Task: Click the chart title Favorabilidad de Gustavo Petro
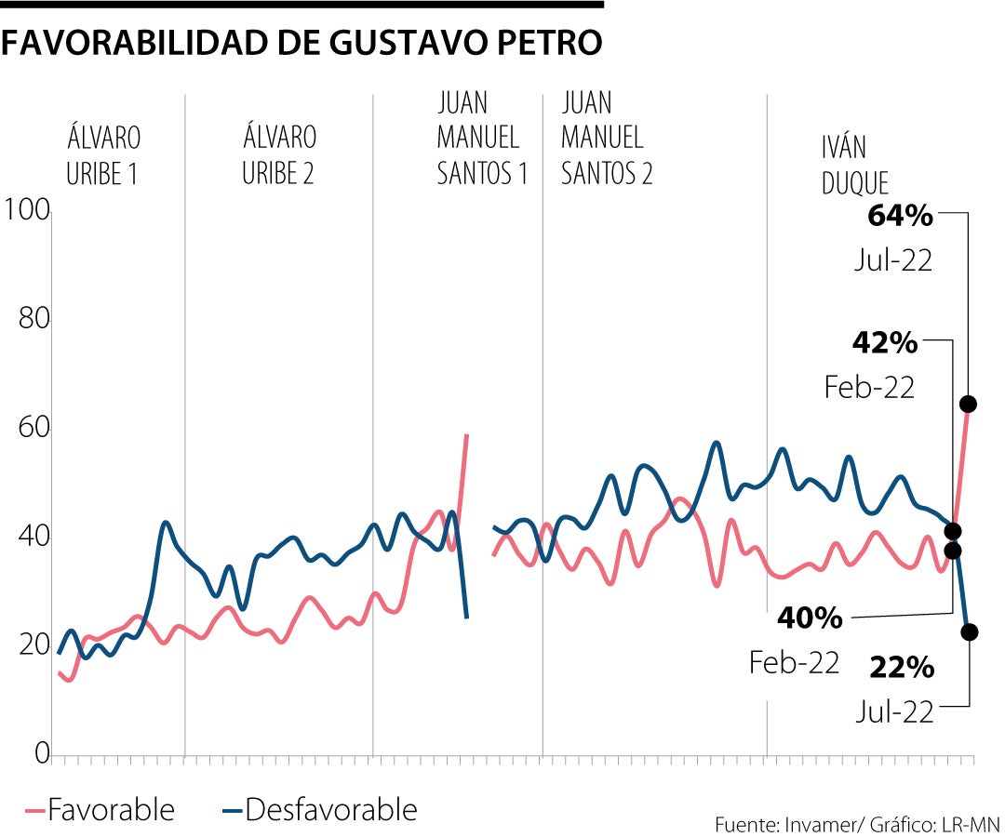[x=301, y=43]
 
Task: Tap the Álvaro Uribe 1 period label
[x=103, y=155]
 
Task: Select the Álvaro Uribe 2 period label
[x=278, y=155]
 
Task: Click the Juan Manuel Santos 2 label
[x=606, y=138]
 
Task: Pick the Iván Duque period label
[x=855, y=165]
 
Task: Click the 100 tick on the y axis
[x=27, y=210]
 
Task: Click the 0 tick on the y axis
[x=42, y=753]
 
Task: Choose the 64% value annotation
[x=899, y=217]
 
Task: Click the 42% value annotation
[x=884, y=343]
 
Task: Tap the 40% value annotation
[x=810, y=618]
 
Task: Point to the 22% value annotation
[x=902, y=668]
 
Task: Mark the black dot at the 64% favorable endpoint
[x=968, y=404]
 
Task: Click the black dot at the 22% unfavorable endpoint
[x=970, y=632]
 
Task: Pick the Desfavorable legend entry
[x=320, y=810]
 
